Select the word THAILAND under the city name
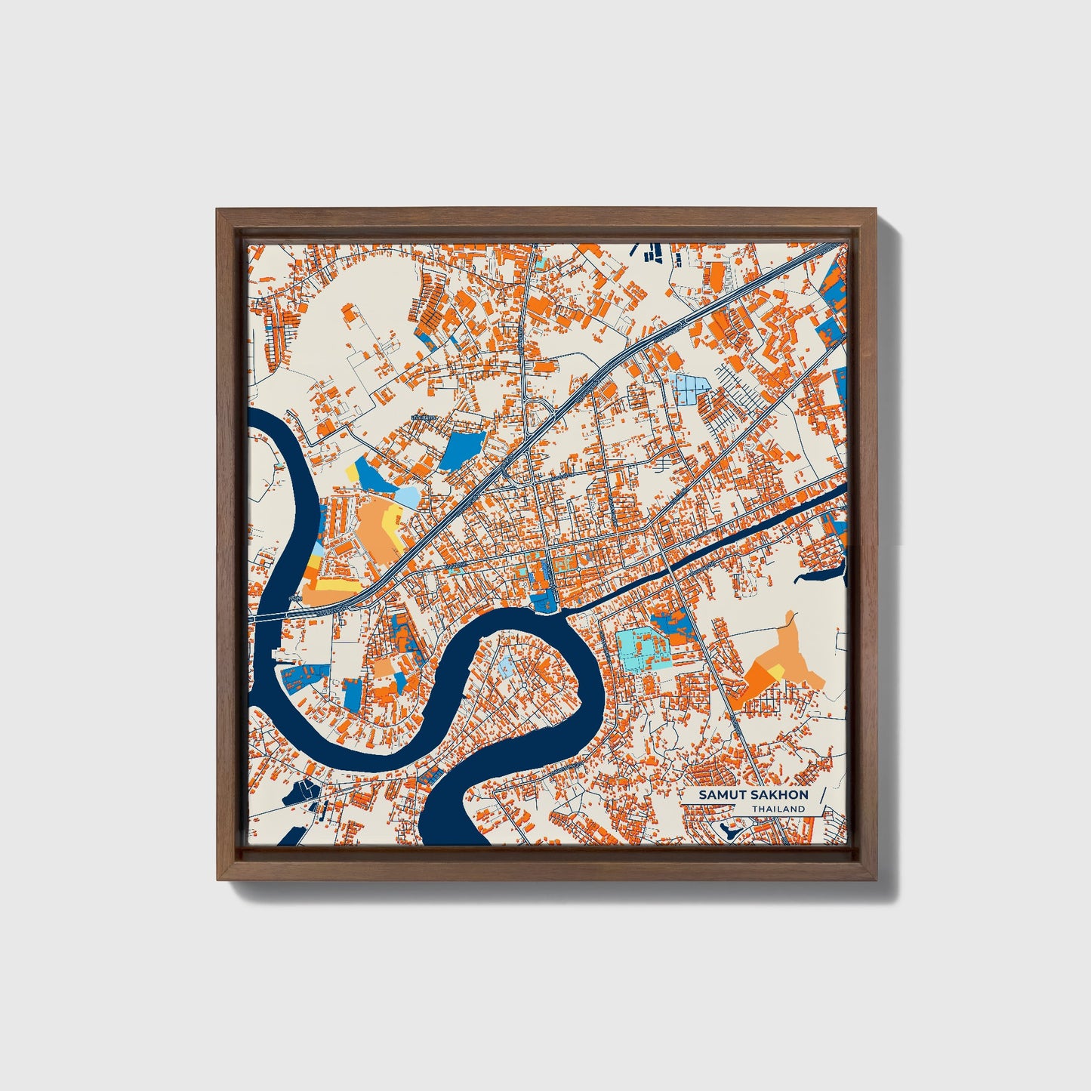pyautogui.click(x=778, y=809)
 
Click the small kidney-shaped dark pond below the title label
pyautogui.click(x=729, y=832)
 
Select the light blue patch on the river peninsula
pyautogui.click(x=504, y=665)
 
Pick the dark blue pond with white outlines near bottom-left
pyautogui.click(x=303, y=791)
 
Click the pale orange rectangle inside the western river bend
pyautogui.click(x=384, y=668)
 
